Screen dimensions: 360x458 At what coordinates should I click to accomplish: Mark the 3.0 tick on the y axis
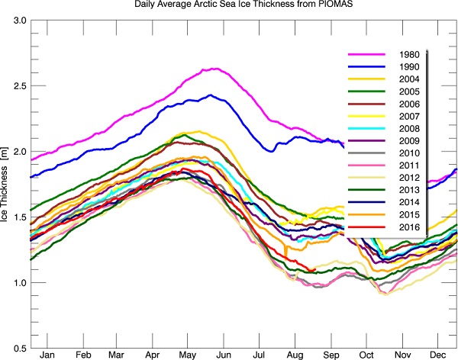click(18, 19)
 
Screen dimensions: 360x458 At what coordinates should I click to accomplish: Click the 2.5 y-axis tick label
click(18, 85)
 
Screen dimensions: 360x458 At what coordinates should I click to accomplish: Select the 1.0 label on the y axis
click(18, 283)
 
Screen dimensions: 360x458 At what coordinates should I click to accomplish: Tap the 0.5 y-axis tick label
click(18, 349)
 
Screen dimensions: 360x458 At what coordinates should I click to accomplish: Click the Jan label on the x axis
click(47, 356)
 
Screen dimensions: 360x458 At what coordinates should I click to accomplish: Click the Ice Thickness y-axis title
click(6, 184)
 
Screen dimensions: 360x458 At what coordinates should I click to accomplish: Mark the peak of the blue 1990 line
click(210, 95)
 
